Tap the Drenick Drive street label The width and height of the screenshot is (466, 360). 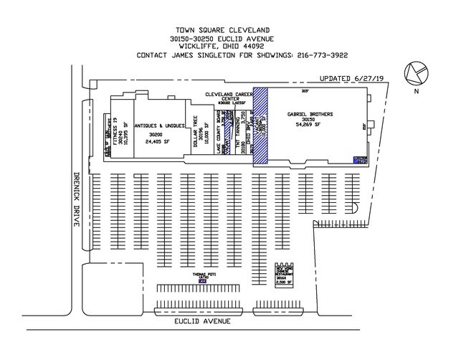point(74,200)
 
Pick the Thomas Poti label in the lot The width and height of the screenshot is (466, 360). point(203,274)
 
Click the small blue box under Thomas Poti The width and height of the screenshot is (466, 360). point(202,281)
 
